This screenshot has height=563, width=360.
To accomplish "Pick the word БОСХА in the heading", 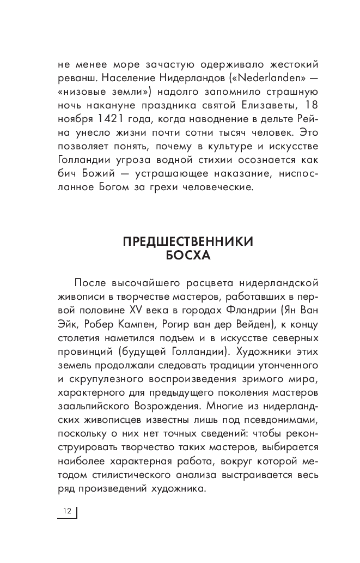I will pos(185,256).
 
